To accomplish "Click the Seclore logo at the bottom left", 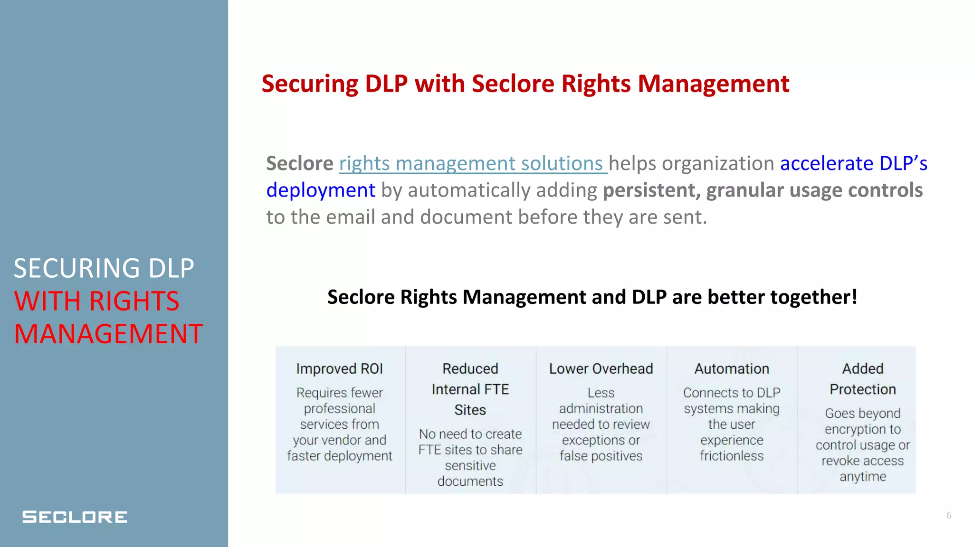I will (75, 517).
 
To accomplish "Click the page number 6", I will (948, 515).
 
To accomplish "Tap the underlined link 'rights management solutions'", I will (472, 163).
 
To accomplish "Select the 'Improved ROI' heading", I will (339, 369).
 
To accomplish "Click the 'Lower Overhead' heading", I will (601, 369).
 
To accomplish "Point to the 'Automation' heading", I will (732, 369).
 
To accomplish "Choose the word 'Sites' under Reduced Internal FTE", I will (470, 410).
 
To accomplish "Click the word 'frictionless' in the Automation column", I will (732, 456).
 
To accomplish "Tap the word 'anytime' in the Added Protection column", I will (863, 476).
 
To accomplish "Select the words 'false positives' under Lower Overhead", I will (601, 456).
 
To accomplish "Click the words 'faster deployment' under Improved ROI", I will (339, 456).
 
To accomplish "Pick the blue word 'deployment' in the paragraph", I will (321, 190).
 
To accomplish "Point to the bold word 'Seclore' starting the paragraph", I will (300, 163).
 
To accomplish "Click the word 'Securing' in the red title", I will (310, 84).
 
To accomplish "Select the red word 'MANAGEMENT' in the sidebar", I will (109, 333).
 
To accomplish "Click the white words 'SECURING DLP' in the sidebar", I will (104, 268).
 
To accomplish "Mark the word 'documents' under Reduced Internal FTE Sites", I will (470, 481).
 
